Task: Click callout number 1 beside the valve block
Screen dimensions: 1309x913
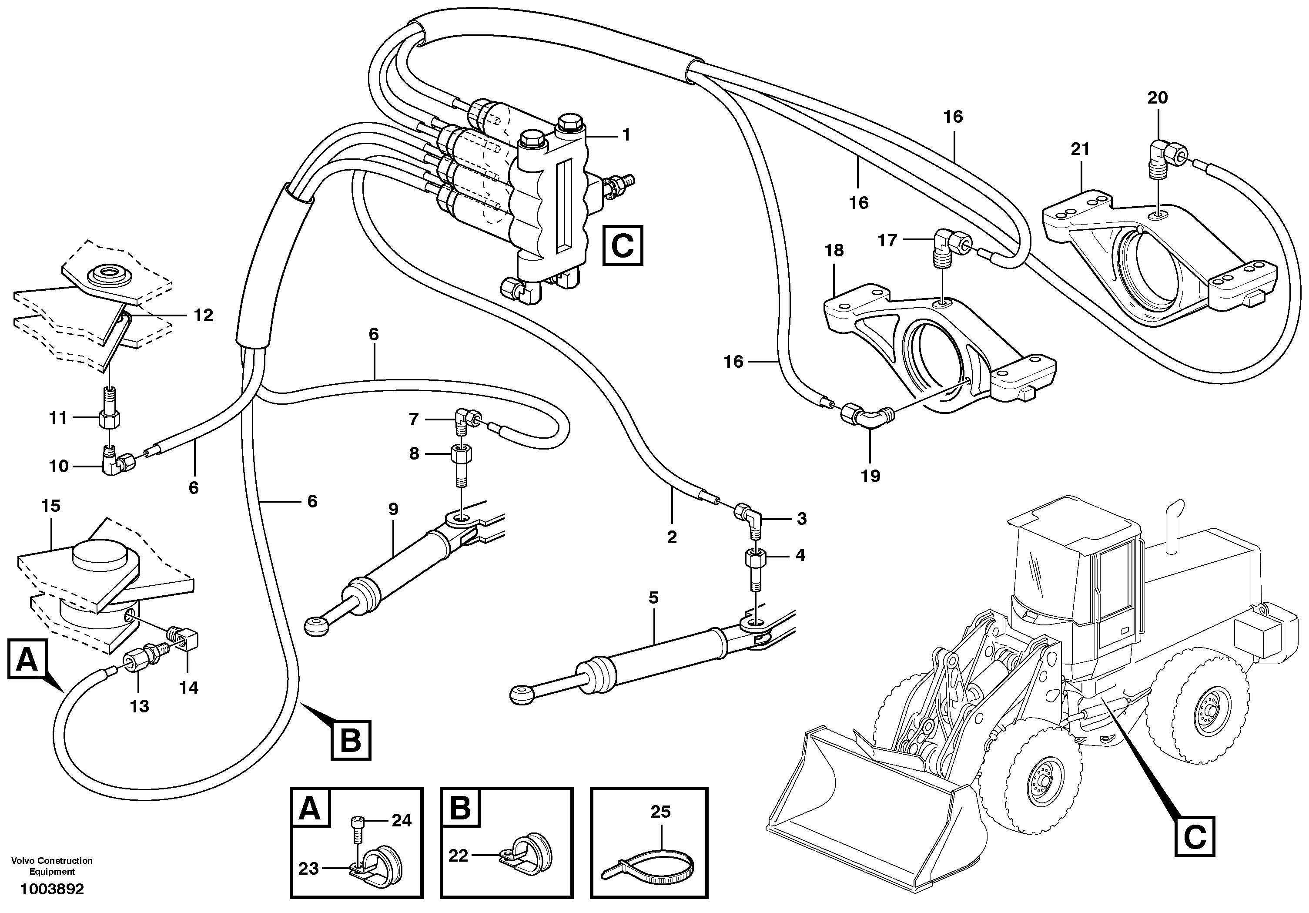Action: pyautogui.click(x=626, y=135)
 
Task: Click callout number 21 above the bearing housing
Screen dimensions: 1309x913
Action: pyautogui.click(x=1080, y=149)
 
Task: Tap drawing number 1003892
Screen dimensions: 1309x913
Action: pyautogui.click(x=52, y=889)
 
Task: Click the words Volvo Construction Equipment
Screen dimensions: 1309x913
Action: pyautogui.click(x=52, y=866)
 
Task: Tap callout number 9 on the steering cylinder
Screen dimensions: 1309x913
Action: pyautogui.click(x=393, y=509)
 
